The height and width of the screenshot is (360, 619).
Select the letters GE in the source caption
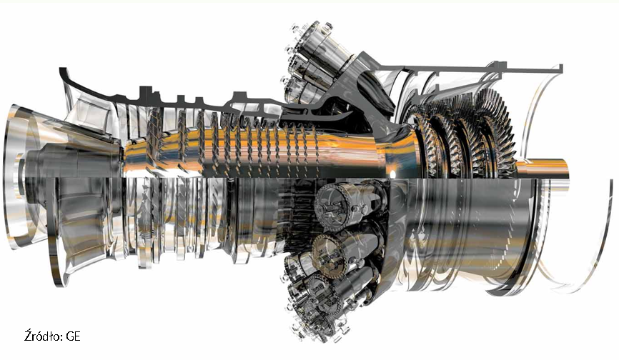coord(74,336)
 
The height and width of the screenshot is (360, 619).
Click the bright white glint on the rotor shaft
coord(392,173)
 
